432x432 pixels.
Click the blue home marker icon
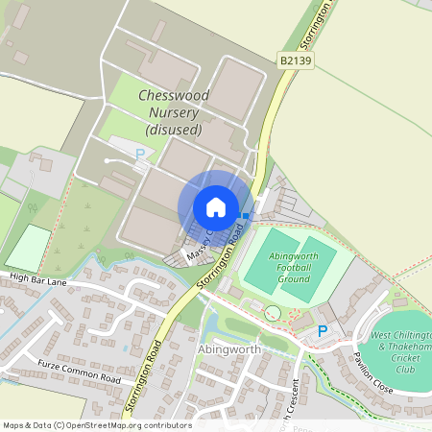click(x=216, y=206)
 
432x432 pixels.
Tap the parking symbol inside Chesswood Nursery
click(x=140, y=154)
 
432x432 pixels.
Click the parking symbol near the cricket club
click(x=323, y=331)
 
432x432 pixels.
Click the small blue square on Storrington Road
click(x=246, y=215)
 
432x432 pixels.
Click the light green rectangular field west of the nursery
click(x=28, y=247)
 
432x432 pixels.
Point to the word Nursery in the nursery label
click(x=174, y=112)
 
